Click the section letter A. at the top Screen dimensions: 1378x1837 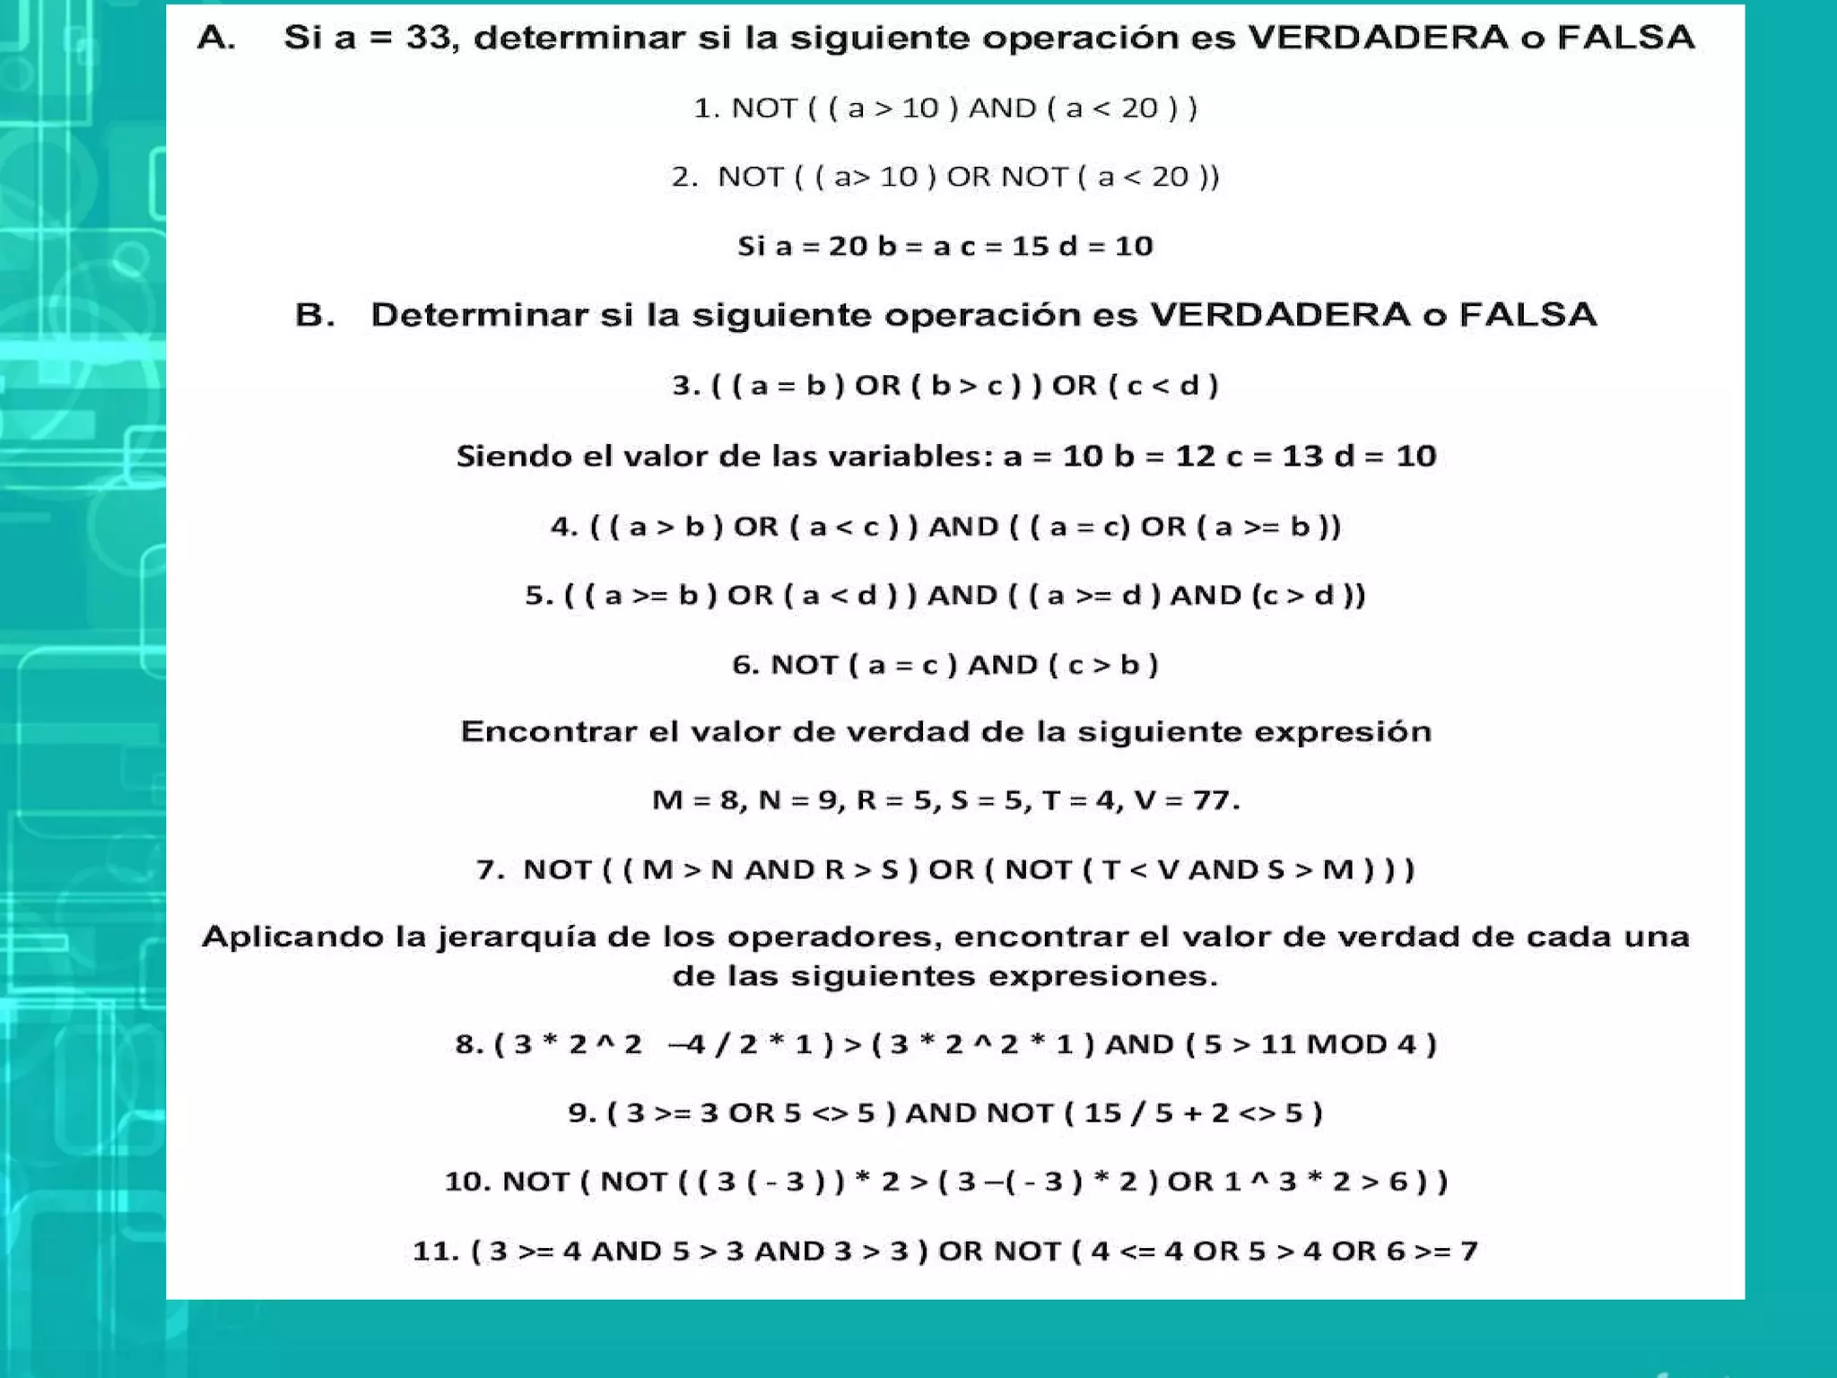pyautogui.click(x=216, y=38)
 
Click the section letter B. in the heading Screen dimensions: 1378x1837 pyautogui.click(x=315, y=315)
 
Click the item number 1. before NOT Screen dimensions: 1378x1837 pyautogui.click(x=706, y=109)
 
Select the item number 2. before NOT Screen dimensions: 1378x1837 pyautogui.click(x=684, y=177)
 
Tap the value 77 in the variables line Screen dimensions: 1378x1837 pyautogui.click(x=1215, y=799)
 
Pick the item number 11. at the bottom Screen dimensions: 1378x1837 pyautogui.click(x=436, y=1251)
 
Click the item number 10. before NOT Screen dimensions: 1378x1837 pyautogui.click(x=467, y=1182)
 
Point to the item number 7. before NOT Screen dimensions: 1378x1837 pyautogui.click(x=490, y=869)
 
